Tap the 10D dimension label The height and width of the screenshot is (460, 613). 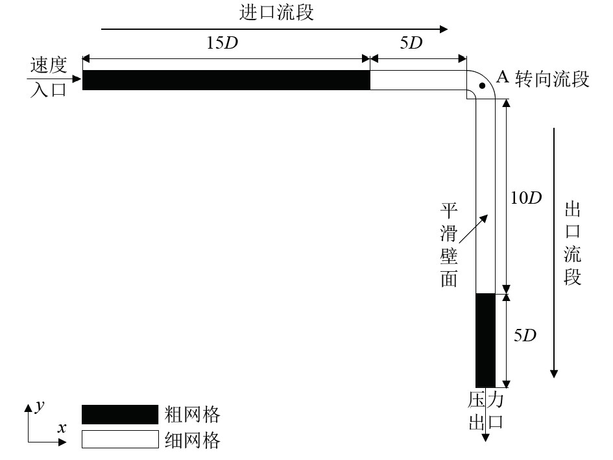click(526, 197)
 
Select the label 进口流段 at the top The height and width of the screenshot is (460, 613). click(276, 12)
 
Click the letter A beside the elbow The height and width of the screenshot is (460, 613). click(501, 77)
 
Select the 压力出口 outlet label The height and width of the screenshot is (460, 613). click(486, 411)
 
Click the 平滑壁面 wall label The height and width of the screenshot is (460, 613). click(450, 244)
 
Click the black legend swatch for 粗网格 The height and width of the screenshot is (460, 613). click(120, 415)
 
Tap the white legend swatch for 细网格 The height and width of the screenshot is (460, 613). click(120, 440)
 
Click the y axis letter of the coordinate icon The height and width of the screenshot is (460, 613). click(40, 406)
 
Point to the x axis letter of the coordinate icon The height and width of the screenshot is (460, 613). click(62, 428)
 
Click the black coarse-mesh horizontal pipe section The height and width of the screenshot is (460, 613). click(226, 80)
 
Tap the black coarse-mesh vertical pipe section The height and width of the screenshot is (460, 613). click(485, 340)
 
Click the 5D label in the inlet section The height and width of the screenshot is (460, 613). click(410, 44)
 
